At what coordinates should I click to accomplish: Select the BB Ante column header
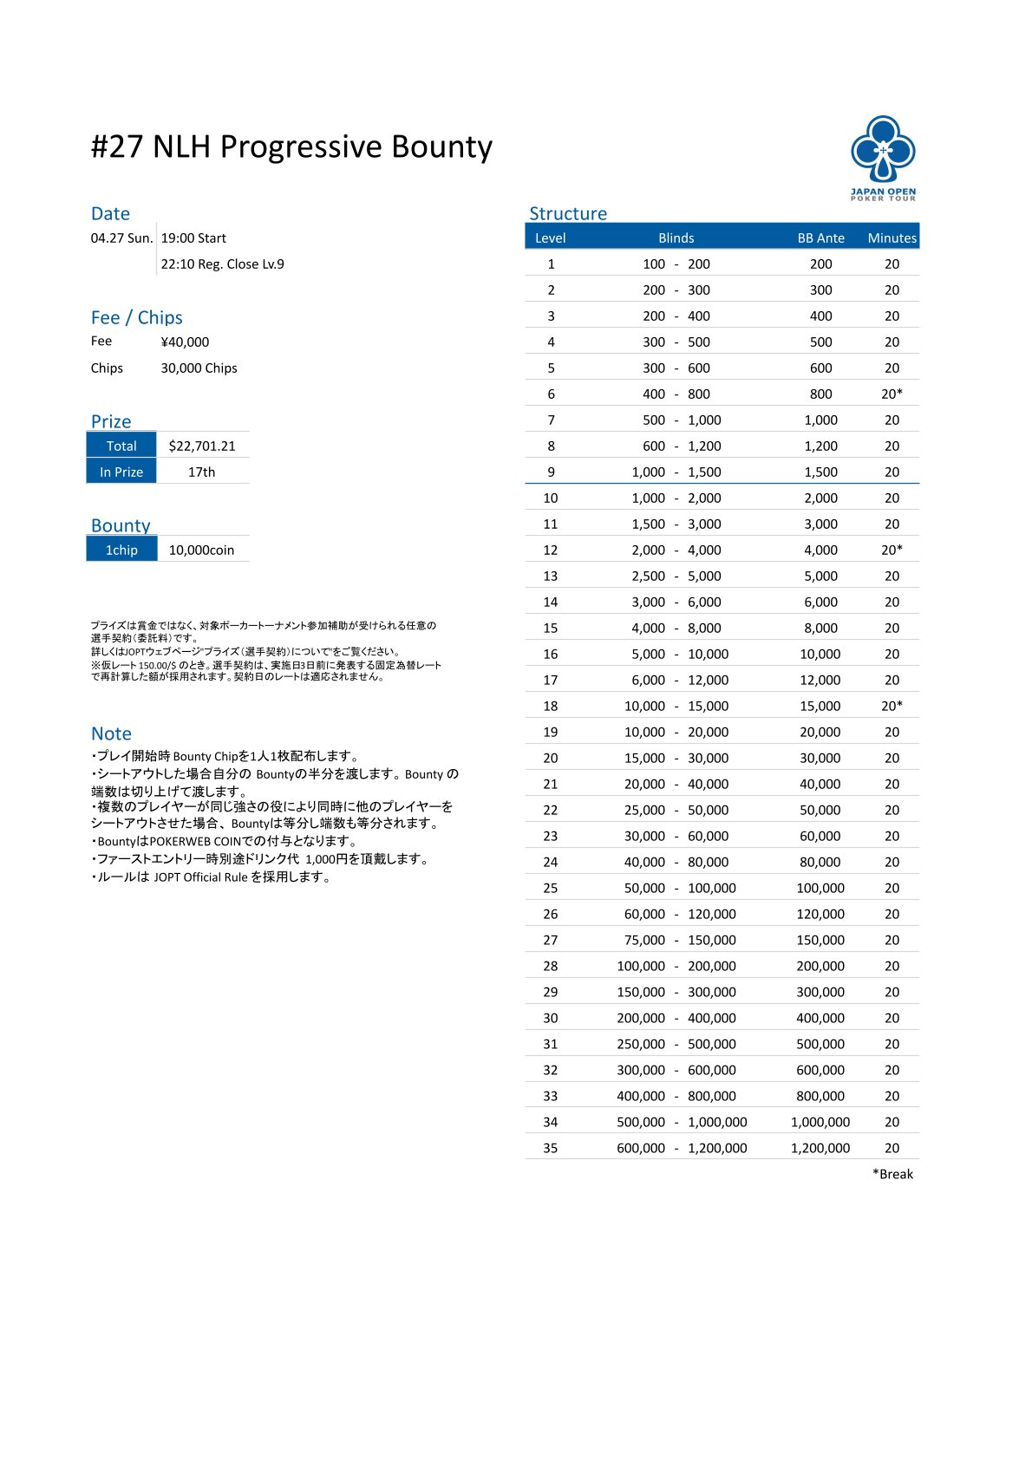click(x=820, y=238)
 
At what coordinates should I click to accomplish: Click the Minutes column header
click(x=892, y=238)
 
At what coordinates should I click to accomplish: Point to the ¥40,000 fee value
click(x=185, y=342)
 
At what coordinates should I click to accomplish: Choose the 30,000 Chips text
click(x=199, y=368)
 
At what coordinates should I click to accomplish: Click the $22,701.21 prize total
click(x=202, y=446)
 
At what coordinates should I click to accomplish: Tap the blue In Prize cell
click(x=121, y=472)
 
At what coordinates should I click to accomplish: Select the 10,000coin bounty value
click(x=201, y=550)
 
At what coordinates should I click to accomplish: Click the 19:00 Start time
click(x=193, y=238)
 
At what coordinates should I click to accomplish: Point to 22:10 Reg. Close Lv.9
click(x=222, y=264)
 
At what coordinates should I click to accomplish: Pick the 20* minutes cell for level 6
click(x=892, y=394)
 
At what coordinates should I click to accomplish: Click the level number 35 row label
click(x=550, y=1148)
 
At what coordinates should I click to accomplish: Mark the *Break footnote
click(x=892, y=1174)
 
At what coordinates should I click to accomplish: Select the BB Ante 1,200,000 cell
click(x=820, y=1148)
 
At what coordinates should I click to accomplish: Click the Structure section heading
click(x=568, y=213)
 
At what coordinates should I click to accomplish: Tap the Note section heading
click(x=111, y=733)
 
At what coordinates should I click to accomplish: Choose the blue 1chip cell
click(x=121, y=550)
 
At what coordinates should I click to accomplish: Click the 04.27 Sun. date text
click(x=121, y=238)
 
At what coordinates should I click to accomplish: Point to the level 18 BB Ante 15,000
click(x=820, y=706)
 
